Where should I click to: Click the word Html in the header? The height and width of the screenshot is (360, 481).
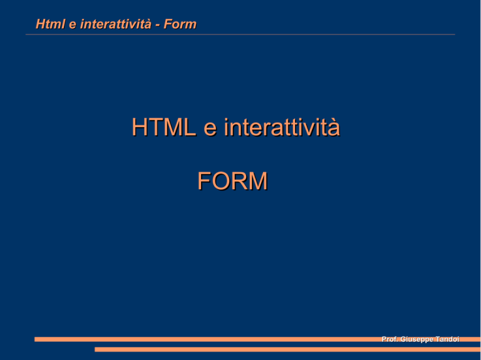(x=51, y=24)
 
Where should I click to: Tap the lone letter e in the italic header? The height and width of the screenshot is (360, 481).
(x=73, y=25)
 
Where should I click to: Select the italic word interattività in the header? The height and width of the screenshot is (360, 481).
(x=116, y=24)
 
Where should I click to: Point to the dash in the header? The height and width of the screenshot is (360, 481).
(x=157, y=26)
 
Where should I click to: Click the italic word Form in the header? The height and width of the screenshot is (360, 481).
(x=180, y=24)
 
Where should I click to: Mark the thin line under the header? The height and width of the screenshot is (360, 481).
(x=240, y=34)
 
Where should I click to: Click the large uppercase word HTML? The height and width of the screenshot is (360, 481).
(x=164, y=127)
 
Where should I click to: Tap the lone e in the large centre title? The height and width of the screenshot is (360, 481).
(x=210, y=130)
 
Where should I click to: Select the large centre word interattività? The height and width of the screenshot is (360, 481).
(x=282, y=127)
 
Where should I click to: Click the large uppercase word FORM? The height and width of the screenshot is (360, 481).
(x=232, y=181)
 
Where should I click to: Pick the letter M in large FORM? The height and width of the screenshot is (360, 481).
(x=257, y=181)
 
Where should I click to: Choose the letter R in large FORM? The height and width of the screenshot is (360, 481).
(x=239, y=181)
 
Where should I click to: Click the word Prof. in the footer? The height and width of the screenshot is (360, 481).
(x=390, y=339)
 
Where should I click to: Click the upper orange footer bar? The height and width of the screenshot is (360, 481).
(x=257, y=339)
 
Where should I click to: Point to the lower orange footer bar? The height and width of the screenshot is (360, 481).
(x=287, y=349)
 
